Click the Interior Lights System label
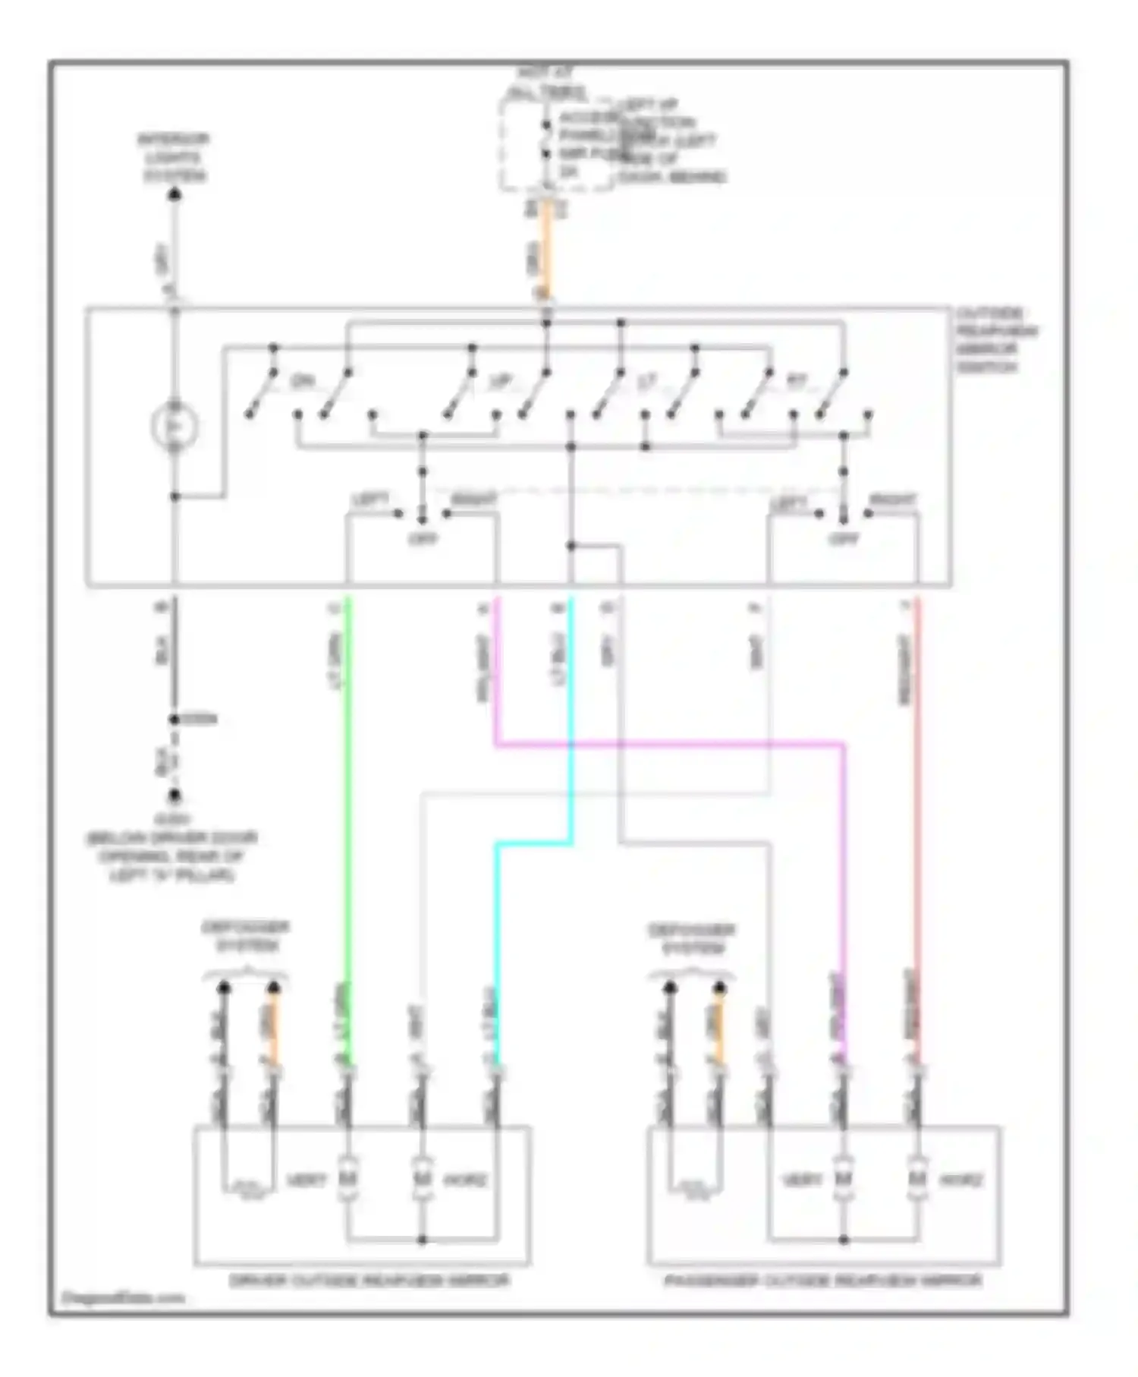pos(174,158)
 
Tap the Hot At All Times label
pos(545,84)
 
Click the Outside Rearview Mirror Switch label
pos(996,340)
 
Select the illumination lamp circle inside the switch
pos(174,426)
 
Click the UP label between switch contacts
pos(501,381)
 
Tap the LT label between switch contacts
pos(646,383)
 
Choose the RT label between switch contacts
pos(795,382)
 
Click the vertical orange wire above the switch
pos(546,251)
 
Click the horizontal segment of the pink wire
pos(668,745)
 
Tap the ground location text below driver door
pos(174,848)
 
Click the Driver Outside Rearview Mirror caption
pos(369,1281)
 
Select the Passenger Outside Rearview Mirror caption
pos(823,1281)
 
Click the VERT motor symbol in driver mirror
pos(348,1179)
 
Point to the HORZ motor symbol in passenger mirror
pos(917,1179)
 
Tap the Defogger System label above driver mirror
pos(245,937)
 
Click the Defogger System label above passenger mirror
pos(692,938)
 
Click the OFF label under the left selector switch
pos(423,539)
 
